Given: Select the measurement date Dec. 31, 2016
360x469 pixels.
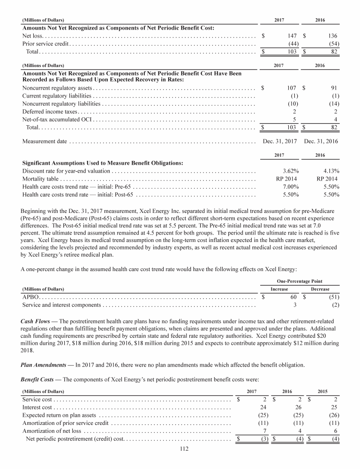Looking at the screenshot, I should pyautogui.click(x=321, y=141).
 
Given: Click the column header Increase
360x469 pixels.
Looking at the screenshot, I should pyautogui.click(x=279, y=289).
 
